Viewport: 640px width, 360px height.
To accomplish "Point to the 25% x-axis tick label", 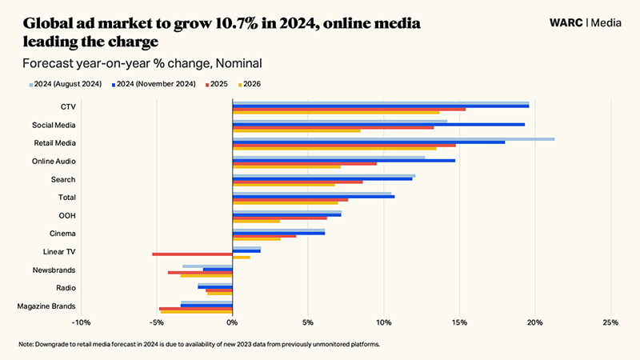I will pyautogui.click(x=610, y=322).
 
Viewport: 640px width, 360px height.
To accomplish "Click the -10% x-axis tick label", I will pyautogui.click(x=81, y=322).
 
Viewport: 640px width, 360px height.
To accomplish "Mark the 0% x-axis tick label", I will pyautogui.click(x=232, y=322).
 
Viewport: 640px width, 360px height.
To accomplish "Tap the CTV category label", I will pyautogui.click(x=68, y=106).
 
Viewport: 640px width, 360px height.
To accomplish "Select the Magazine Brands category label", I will pyautogui.click(x=47, y=306).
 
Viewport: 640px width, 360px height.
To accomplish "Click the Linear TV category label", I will pyautogui.click(x=59, y=251).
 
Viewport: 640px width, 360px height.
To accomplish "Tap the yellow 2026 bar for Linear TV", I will pyautogui.click(x=241, y=258).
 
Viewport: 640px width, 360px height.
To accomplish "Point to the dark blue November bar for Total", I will pyautogui.click(x=313, y=196).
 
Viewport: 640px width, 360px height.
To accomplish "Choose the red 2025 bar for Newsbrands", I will pyautogui.click(x=200, y=272).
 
